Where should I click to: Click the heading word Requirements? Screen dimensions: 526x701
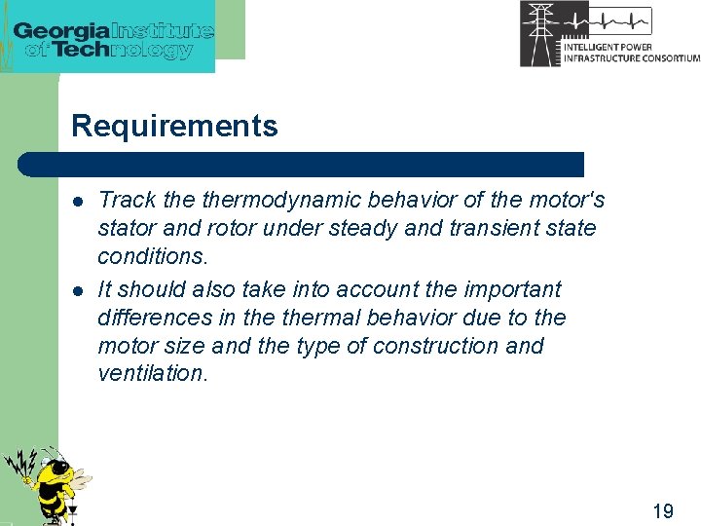click(174, 126)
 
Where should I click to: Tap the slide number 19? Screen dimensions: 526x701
click(663, 510)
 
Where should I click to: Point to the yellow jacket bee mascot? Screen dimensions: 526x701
click(47, 482)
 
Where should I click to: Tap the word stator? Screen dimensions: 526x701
click(123, 229)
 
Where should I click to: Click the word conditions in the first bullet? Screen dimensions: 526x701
click(152, 256)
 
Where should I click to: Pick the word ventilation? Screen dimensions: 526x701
click(153, 374)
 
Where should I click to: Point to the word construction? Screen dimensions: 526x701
click(448, 346)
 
